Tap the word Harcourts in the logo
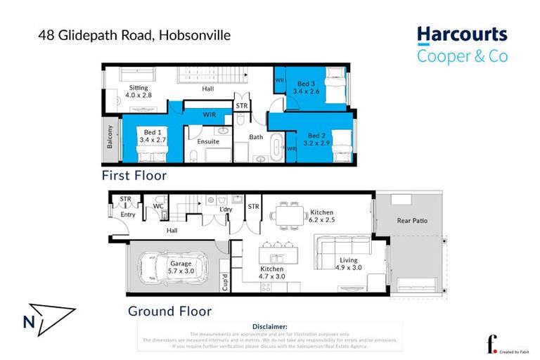click(461, 35)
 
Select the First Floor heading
click(134, 175)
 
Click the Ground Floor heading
click(169, 310)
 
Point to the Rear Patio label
click(412, 221)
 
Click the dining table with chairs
click(288, 215)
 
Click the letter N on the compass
click(29, 323)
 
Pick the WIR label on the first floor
click(210, 114)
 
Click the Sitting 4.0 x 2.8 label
click(138, 90)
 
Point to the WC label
click(158, 207)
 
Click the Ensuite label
click(208, 141)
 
